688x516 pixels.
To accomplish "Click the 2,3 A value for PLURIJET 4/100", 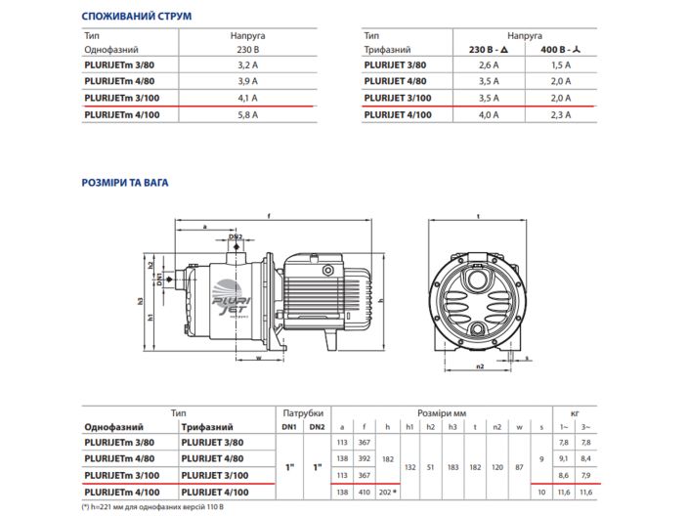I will coord(561,114).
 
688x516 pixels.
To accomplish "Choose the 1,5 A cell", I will coord(561,64).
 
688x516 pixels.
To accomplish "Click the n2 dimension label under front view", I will coord(479,368).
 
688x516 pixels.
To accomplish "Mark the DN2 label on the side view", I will coord(236,236).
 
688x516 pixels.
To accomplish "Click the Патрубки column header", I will coord(302,412).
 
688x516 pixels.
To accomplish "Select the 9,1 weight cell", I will coord(564,459).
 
